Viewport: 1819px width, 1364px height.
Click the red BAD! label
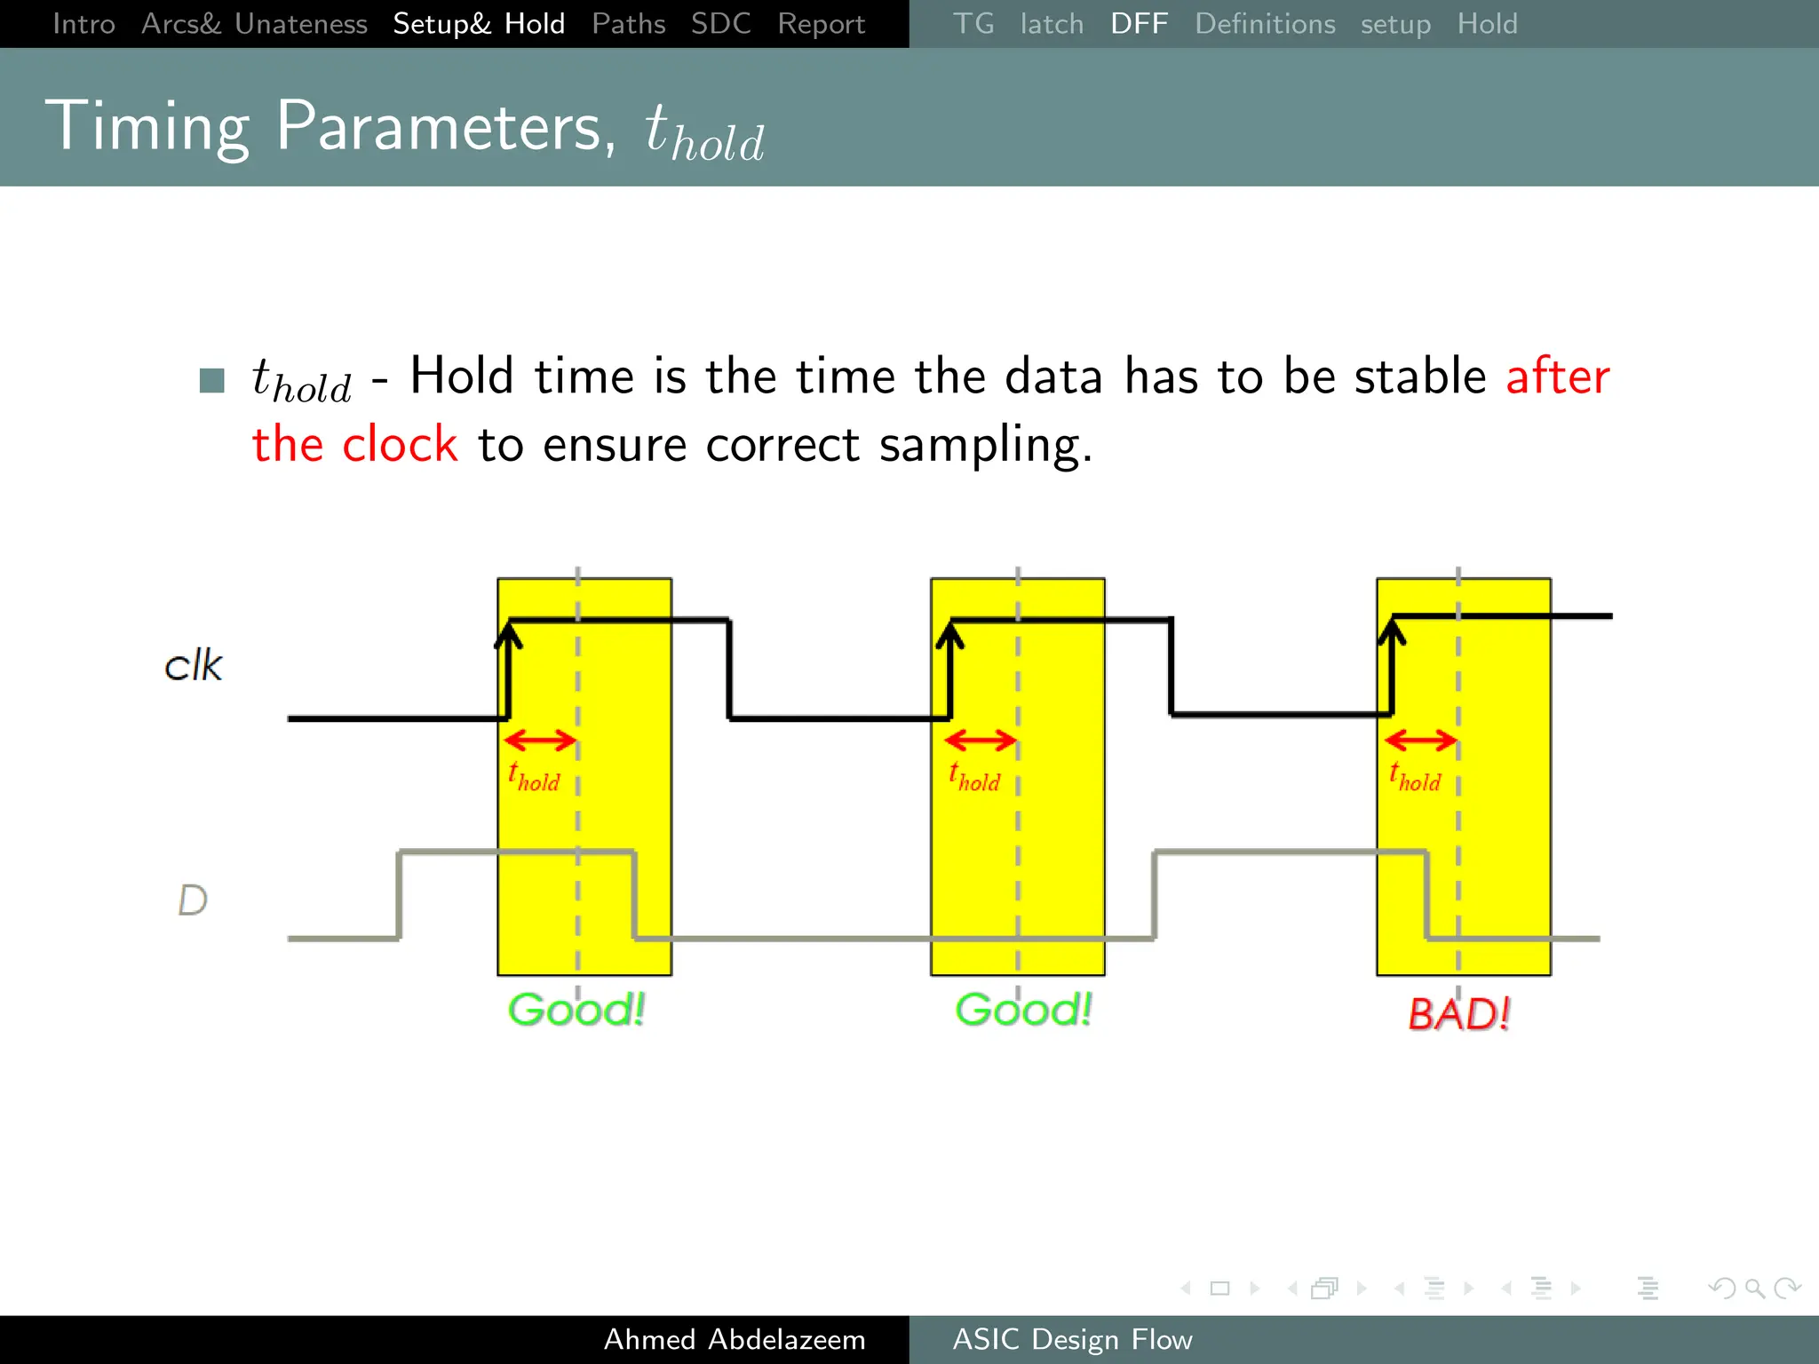pos(1458,1013)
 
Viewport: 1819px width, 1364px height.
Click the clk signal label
pos(194,665)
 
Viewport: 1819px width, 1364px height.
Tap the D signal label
pos(193,900)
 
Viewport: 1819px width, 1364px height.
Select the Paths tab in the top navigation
pos(628,24)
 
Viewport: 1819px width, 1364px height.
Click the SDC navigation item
pos(720,24)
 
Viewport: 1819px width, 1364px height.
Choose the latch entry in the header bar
pos(1052,24)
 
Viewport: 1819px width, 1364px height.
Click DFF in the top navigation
pos(1139,24)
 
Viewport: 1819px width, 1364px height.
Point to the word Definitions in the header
pos(1264,24)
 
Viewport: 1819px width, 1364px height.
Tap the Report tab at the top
pos(821,24)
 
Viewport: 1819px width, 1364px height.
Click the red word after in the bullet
pos(1557,376)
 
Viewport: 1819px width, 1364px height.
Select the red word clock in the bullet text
pos(400,444)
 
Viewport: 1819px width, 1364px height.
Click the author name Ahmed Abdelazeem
pos(735,1339)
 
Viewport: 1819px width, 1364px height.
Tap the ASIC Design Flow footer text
pos(1072,1339)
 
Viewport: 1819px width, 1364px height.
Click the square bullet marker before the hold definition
pos(212,380)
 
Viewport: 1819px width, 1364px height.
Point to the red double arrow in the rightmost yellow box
pos(1420,740)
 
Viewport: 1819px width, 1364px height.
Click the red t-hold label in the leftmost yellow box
pos(534,778)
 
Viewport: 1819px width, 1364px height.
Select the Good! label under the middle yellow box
pos(1023,1010)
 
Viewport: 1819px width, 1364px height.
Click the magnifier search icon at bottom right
pos(1754,1288)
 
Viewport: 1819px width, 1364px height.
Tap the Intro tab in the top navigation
pos(83,24)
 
